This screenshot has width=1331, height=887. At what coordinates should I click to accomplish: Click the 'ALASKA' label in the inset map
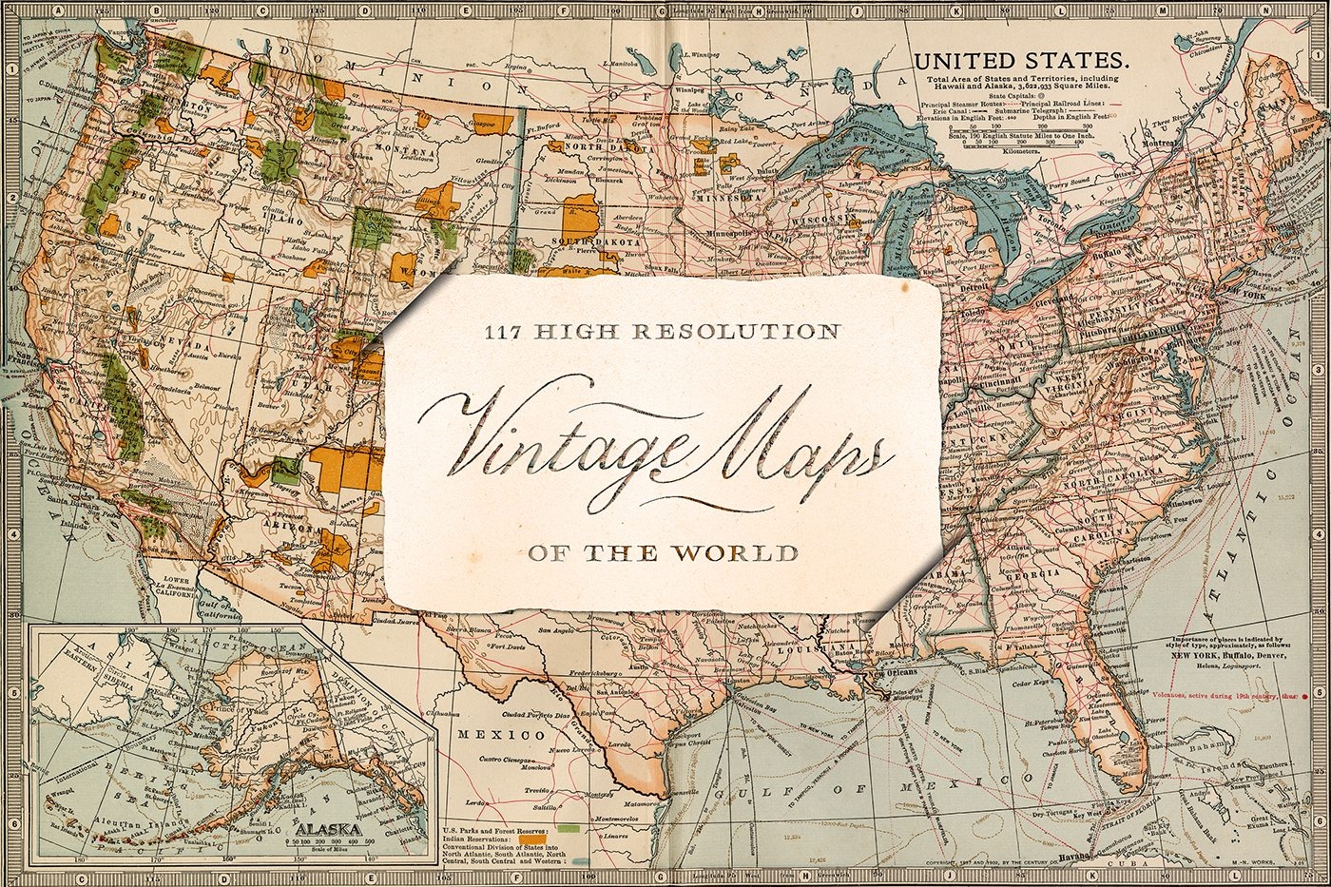(329, 828)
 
